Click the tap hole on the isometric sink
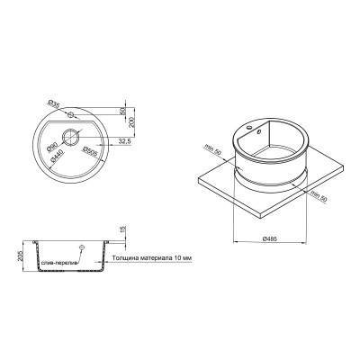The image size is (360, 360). [262, 129]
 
